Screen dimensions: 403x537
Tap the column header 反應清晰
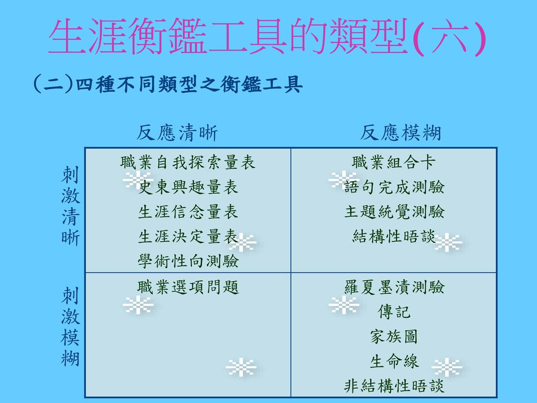(x=177, y=134)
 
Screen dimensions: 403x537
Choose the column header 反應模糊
(x=401, y=134)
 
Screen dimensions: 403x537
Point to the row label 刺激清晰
(x=71, y=206)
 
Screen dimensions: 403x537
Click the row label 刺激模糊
(x=71, y=328)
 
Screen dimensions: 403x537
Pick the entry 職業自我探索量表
(x=188, y=163)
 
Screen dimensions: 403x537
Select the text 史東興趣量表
(x=188, y=187)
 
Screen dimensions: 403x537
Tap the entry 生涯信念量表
(x=188, y=212)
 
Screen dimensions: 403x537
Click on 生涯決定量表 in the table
(x=188, y=237)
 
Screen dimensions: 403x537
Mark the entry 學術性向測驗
(x=188, y=261)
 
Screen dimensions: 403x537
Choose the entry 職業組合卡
(x=394, y=163)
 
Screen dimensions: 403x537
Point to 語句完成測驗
(x=394, y=187)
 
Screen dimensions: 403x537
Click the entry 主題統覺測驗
(x=394, y=212)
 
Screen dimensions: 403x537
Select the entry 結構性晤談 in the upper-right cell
(x=394, y=237)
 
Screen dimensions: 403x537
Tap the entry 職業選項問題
(x=188, y=287)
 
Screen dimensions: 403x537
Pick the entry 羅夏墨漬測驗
(x=394, y=287)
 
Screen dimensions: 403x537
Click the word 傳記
(x=394, y=312)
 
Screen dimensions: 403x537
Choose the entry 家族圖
(x=394, y=337)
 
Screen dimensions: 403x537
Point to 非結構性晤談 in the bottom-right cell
(x=394, y=387)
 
